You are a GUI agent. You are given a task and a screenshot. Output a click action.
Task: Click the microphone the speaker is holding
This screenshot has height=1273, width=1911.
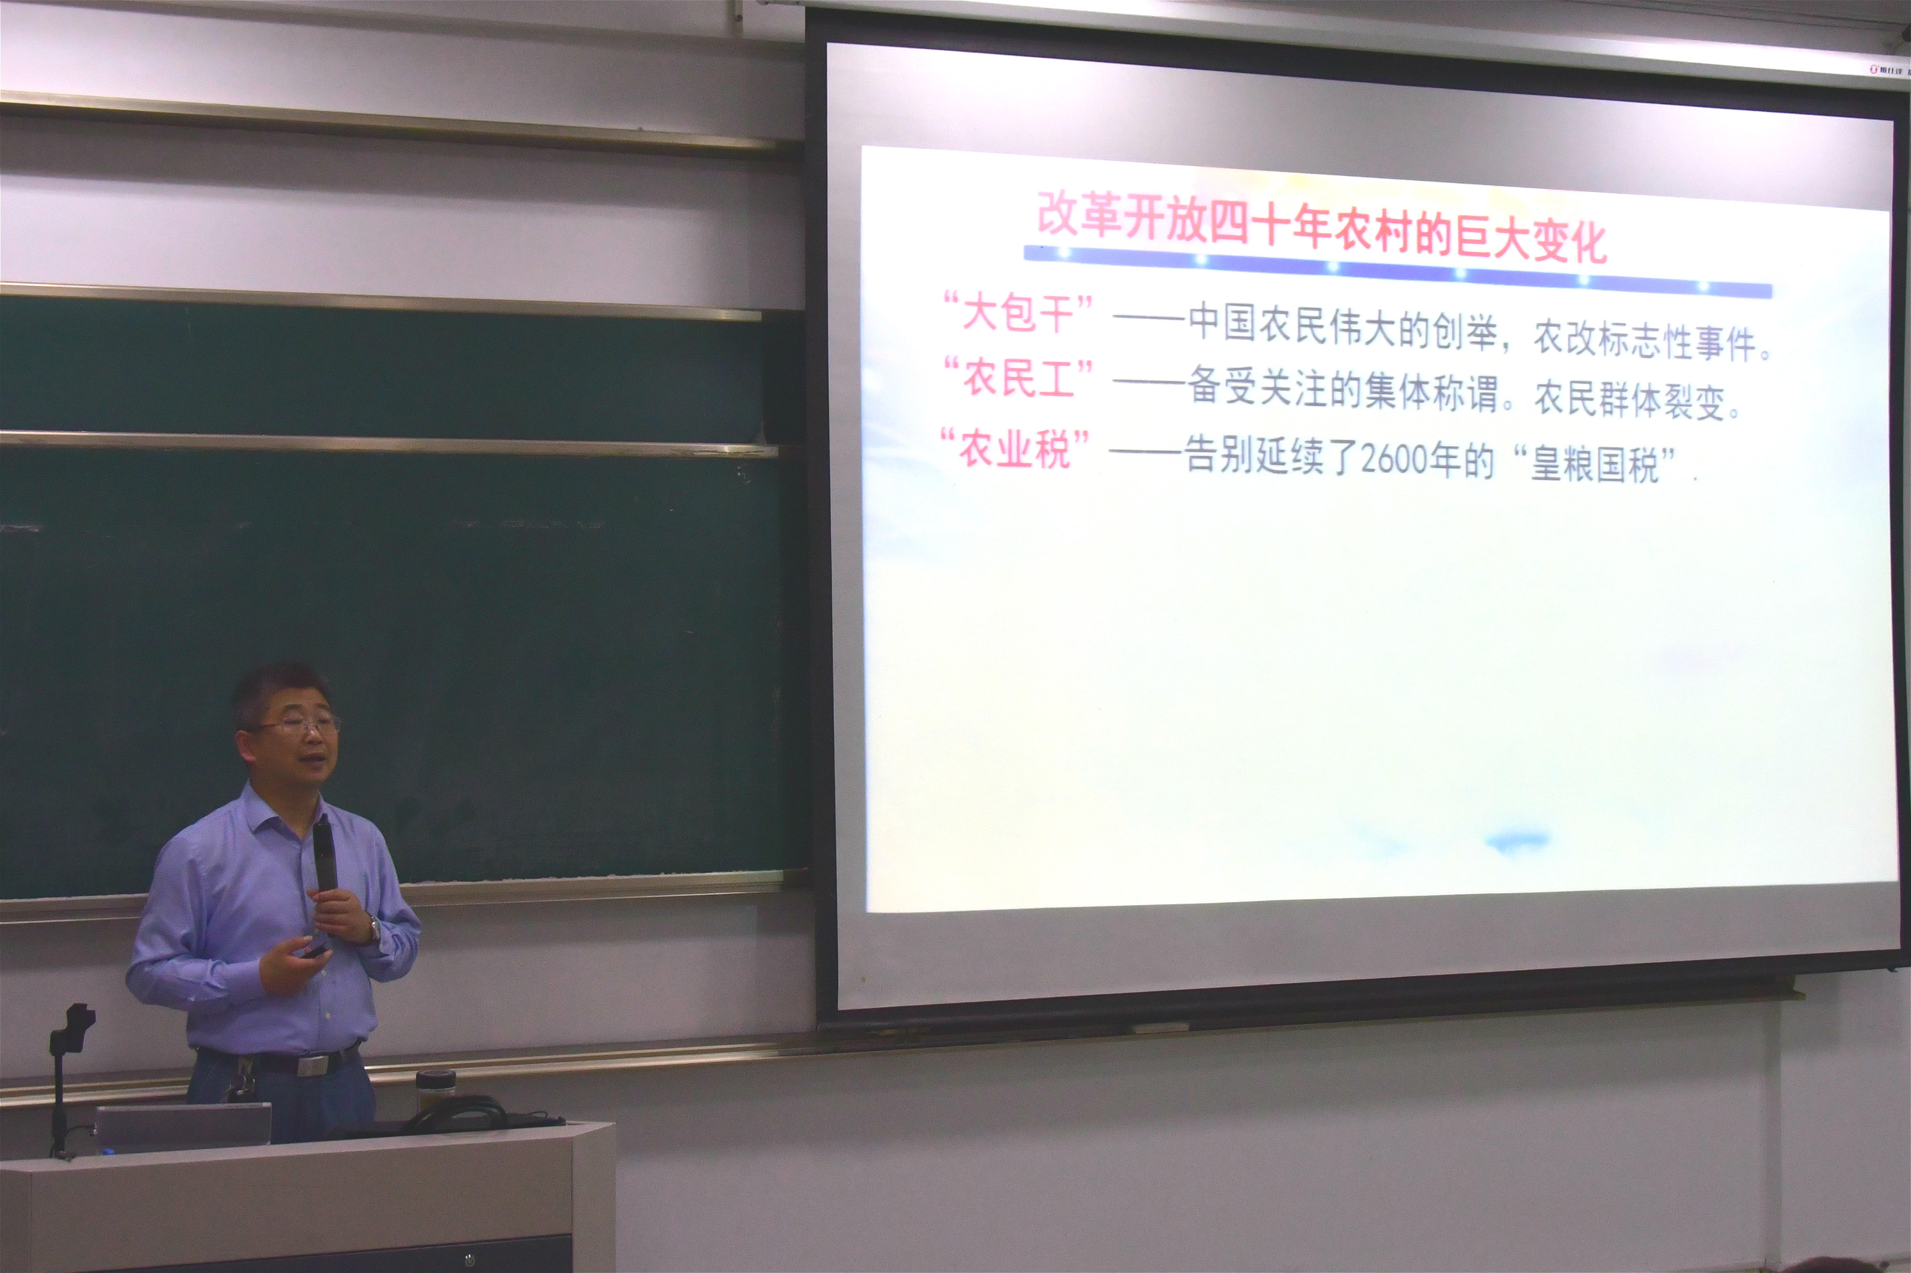coord(325,852)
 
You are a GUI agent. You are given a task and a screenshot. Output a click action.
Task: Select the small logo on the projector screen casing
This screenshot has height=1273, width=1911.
coord(1885,70)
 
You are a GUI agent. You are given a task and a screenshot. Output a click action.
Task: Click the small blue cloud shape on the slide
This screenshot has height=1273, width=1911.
coord(1516,840)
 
